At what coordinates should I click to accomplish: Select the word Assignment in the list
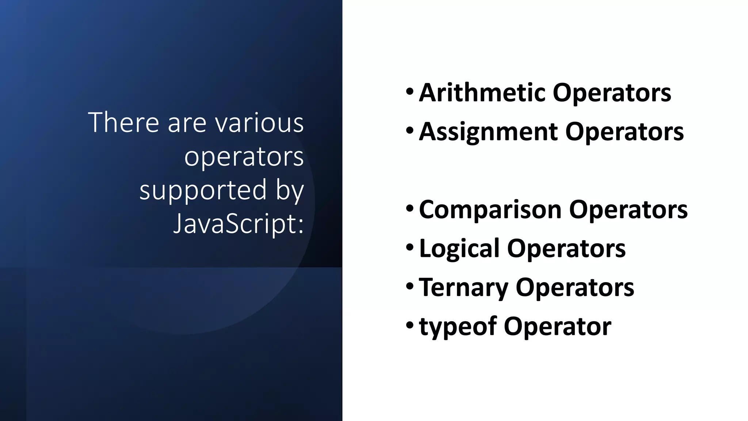(x=488, y=132)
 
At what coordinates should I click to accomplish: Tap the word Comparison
(x=490, y=210)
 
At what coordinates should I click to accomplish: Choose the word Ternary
(x=463, y=288)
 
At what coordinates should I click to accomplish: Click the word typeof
(x=458, y=326)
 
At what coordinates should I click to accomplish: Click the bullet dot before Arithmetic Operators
(x=410, y=91)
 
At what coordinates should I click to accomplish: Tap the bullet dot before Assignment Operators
(x=410, y=130)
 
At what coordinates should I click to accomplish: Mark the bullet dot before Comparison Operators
(x=410, y=208)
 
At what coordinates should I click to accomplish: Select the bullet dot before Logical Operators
(x=410, y=247)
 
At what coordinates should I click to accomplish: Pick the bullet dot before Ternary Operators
(x=410, y=286)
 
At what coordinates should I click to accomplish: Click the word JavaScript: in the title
(x=238, y=224)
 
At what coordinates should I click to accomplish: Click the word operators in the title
(x=244, y=156)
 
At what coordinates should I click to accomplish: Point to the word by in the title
(x=290, y=190)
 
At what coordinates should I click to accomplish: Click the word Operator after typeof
(x=557, y=326)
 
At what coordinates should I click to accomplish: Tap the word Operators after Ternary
(x=575, y=288)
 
